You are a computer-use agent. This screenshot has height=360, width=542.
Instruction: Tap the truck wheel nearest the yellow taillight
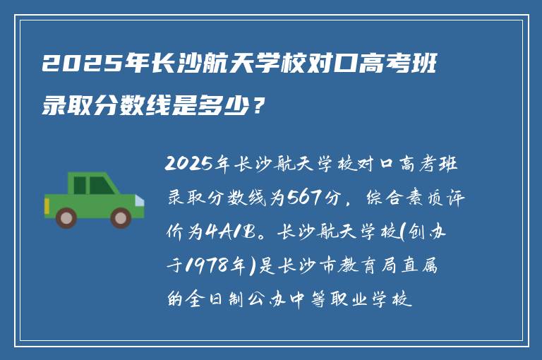(67, 217)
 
